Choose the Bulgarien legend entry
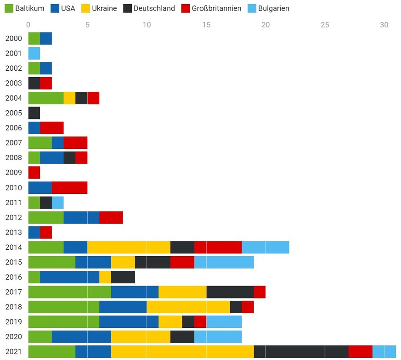[268, 8]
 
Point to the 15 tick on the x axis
[206, 25]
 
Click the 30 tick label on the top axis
[384, 25]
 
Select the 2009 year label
[13, 173]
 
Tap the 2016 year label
[13, 277]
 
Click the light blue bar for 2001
[34, 53]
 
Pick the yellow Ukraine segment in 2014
[129, 247]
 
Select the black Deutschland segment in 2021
[301, 352]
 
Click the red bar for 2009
[34, 173]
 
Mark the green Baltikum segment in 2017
[69, 292]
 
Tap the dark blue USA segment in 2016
[69, 277]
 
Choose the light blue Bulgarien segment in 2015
[224, 262]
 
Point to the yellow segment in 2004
[69, 98]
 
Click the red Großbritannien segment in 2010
[69, 187]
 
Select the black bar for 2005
[34, 113]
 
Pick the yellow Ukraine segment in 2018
[188, 307]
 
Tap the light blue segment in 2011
[58, 202]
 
